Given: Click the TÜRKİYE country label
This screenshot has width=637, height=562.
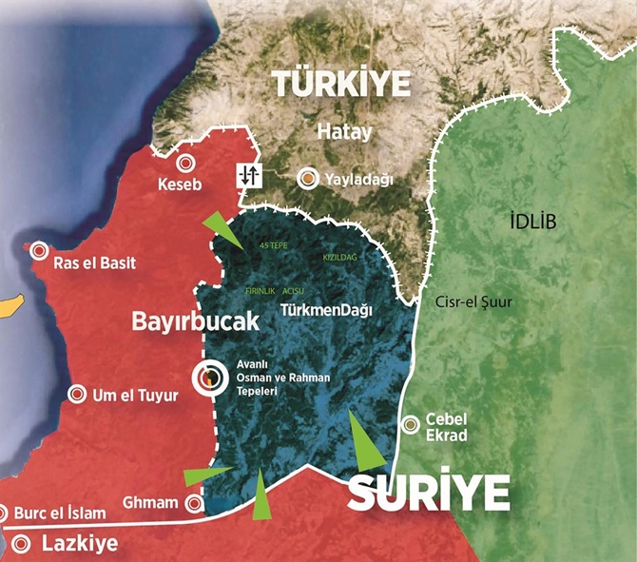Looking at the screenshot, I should (343, 83).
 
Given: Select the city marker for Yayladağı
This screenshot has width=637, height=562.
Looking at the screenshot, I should (309, 178).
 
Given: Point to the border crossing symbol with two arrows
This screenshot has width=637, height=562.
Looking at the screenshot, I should (249, 175).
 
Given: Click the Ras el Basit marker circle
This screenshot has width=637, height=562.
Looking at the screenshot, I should (39, 251).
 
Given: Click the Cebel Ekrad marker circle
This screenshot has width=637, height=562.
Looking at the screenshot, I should (412, 425).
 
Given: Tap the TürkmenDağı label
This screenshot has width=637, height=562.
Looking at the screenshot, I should (326, 310).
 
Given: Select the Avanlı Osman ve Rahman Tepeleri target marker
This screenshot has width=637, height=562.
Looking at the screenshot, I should (208, 378).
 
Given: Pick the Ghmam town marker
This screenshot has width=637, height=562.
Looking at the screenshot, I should (194, 503).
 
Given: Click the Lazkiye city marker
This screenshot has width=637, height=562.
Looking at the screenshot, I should (22, 544).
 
